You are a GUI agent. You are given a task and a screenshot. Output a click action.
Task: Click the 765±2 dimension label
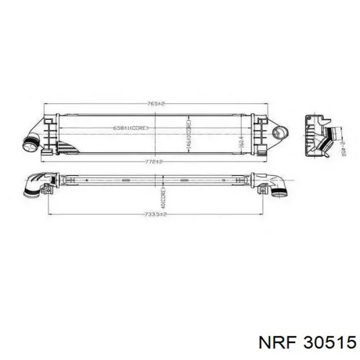click(155, 104)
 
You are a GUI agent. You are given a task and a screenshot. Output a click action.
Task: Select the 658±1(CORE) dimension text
click(132, 127)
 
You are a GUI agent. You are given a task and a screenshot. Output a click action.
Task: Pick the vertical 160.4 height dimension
click(241, 140)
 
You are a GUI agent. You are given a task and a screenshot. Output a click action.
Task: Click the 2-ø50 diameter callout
click(341, 149)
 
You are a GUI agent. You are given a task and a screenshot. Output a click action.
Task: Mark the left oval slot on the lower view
click(127, 181)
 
